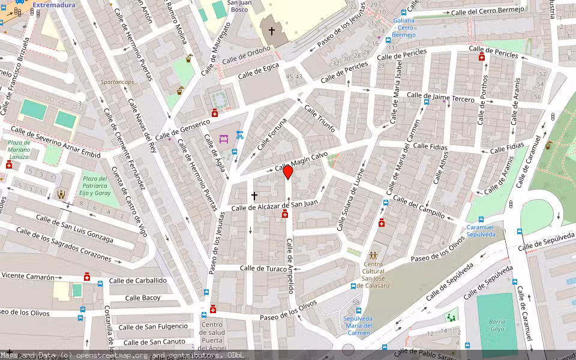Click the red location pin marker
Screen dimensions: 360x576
(x=288, y=172)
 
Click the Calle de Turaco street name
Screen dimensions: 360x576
(x=263, y=268)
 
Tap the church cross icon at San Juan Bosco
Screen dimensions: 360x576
(x=271, y=31)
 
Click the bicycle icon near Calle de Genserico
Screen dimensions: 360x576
(x=240, y=135)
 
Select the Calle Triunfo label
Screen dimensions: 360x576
(x=319, y=119)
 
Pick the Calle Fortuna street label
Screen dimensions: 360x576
(x=272, y=135)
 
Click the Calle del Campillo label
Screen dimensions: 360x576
(x=419, y=206)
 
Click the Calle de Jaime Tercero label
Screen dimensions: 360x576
(x=440, y=97)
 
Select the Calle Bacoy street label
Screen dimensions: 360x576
(x=143, y=298)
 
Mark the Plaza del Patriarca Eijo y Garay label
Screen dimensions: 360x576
(x=95, y=186)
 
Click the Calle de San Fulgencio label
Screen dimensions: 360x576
(x=153, y=327)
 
